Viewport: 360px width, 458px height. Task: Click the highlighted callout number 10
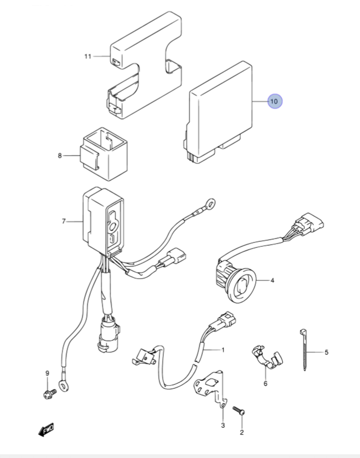coord(275,101)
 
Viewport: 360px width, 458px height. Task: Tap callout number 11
coord(88,57)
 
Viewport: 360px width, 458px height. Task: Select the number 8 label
coord(60,156)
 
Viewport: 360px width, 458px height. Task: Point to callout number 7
coord(64,221)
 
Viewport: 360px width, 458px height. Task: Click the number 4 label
coord(273,280)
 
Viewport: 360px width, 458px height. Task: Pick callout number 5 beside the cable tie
coord(327,352)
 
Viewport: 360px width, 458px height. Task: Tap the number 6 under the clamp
coord(265,383)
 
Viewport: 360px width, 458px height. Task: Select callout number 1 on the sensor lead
coord(223,350)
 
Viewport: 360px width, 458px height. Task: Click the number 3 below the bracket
coord(223,425)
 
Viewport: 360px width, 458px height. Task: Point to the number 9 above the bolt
coord(47,373)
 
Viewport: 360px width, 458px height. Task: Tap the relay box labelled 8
coord(104,154)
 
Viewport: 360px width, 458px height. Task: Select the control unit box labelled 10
coord(218,112)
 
